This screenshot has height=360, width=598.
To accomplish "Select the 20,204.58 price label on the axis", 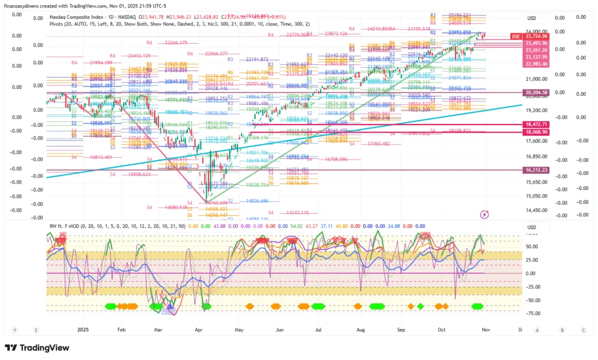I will pyautogui.click(x=536, y=92).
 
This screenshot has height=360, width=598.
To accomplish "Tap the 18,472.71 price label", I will pyautogui.click(x=536, y=124).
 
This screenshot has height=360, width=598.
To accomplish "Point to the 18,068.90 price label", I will pyautogui.click(x=536, y=133).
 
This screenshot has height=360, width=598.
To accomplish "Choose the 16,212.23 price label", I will pyautogui.click(x=536, y=170).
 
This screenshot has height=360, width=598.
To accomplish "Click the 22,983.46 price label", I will pyautogui.click(x=536, y=64).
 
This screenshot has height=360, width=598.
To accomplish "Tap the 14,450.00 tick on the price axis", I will pyautogui.click(x=536, y=210).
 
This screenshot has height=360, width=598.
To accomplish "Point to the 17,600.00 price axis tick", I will pyautogui.click(x=536, y=140).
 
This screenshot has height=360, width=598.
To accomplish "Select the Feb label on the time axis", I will pyautogui.click(x=121, y=330).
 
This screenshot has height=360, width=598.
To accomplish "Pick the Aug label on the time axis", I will pyautogui.click(x=360, y=330).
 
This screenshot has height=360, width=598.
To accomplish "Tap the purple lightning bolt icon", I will pyautogui.click(x=484, y=214).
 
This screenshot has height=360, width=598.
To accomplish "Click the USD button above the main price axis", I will pyautogui.click(x=531, y=18).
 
